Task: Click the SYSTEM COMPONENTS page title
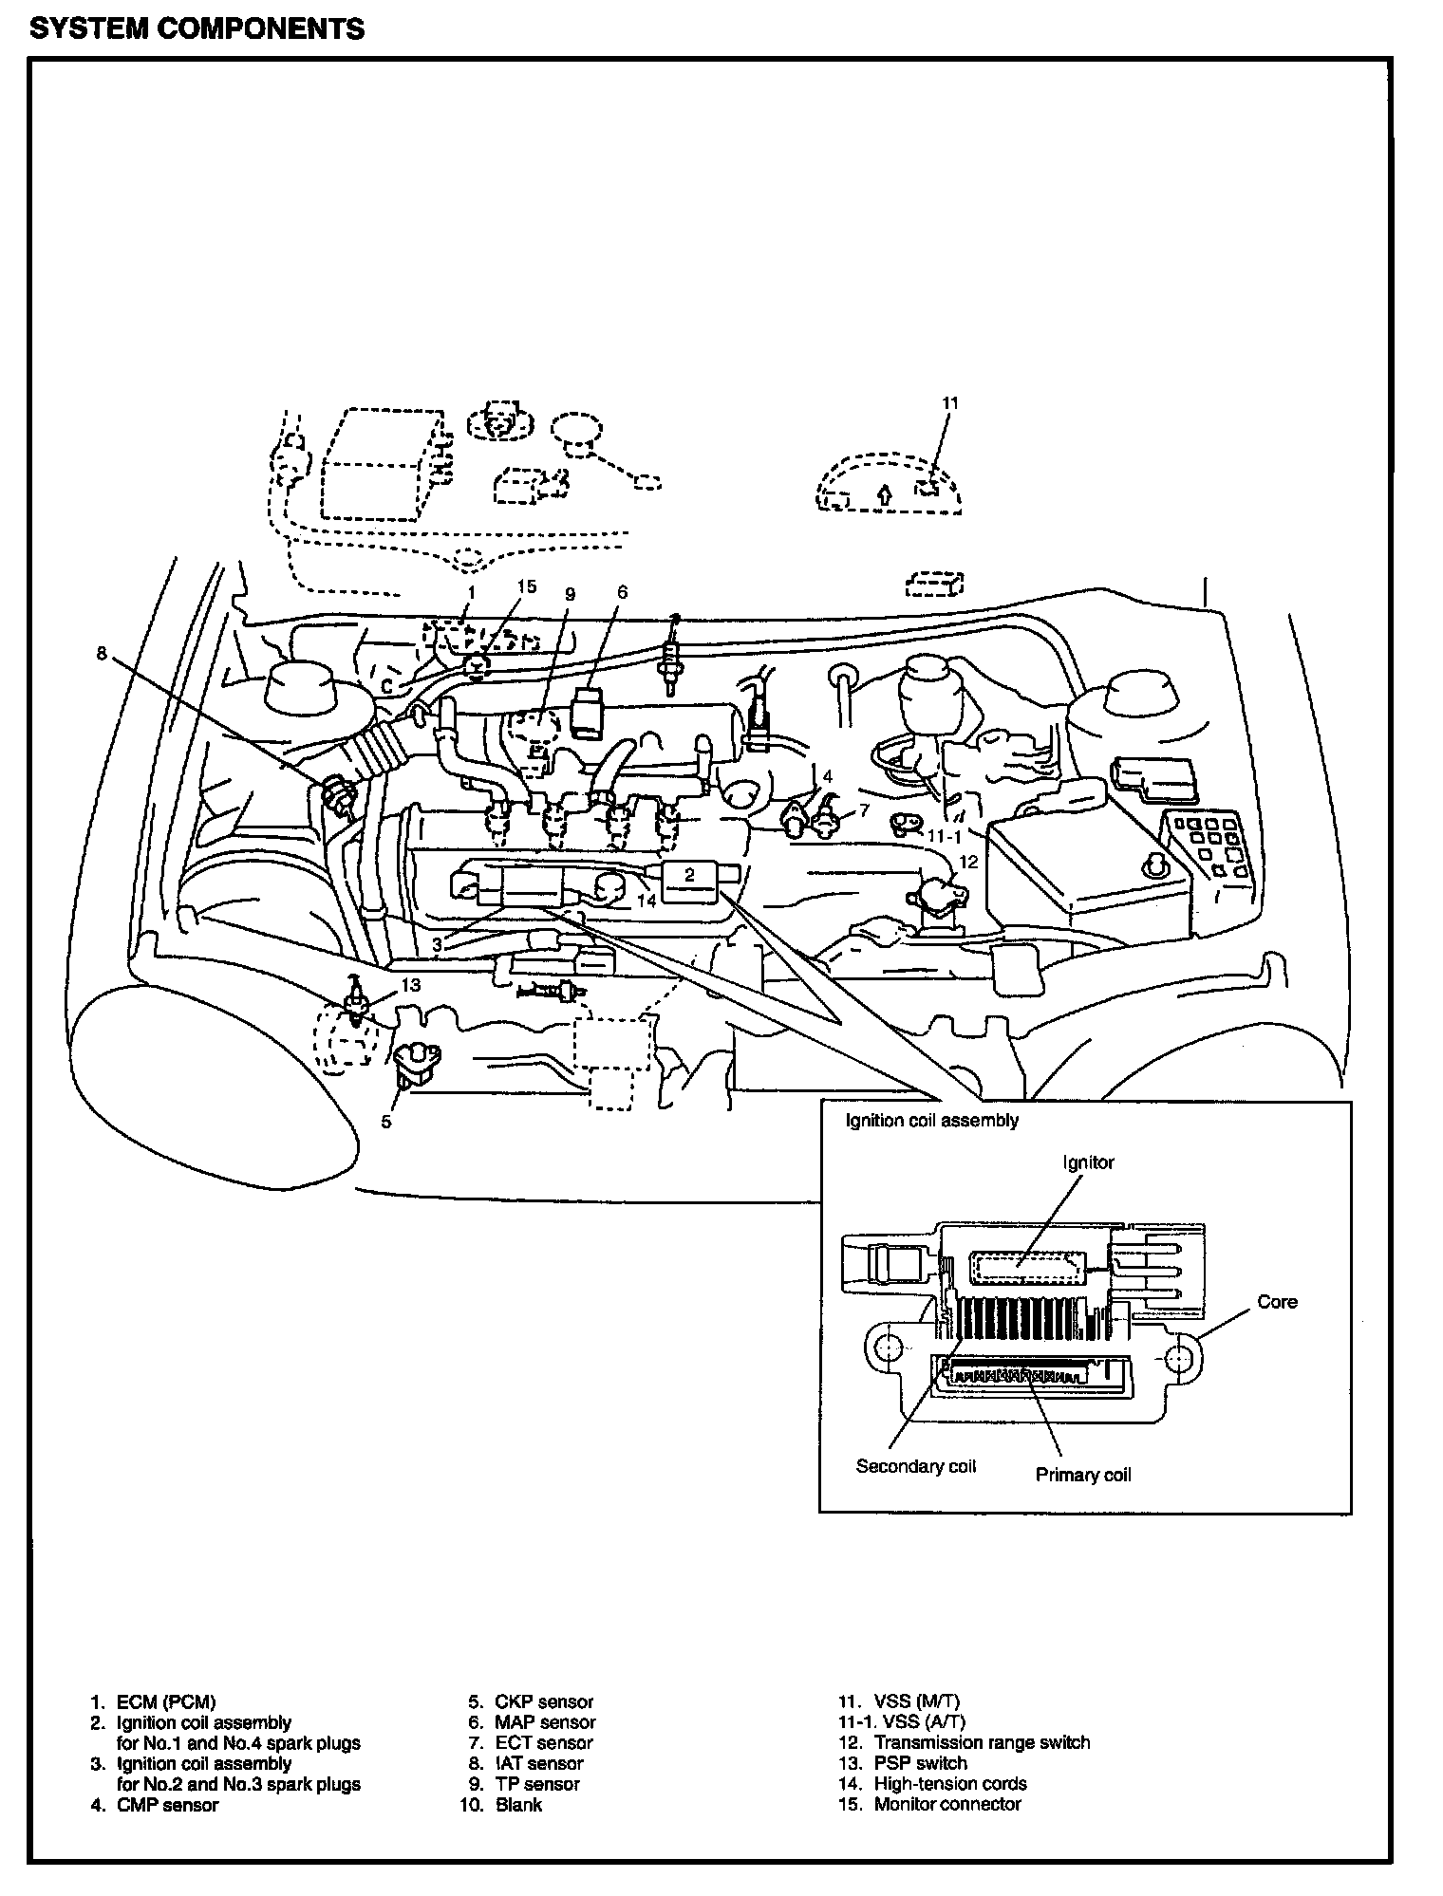click(x=197, y=28)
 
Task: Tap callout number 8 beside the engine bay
click(x=103, y=653)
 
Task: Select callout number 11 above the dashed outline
click(x=950, y=403)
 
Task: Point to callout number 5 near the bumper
click(x=386, y=1122)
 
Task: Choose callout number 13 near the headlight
click(x=410, y=985)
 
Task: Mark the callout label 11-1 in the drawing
click(x=945, y=837)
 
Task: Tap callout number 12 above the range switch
click(x=968, y=863)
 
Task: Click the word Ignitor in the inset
click(x=1089, y=1162)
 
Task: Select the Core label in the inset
click(x=1277, y=1302)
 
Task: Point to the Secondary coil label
click(x=915, y=1466)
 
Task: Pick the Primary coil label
click(x=1083, y=1475)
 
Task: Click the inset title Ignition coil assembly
click(x=932, y=1120)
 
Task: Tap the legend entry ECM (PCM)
click(x=166, y=1702)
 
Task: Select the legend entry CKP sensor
click(x=544, y=1702)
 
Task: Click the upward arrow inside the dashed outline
click(x=884, y=493)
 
